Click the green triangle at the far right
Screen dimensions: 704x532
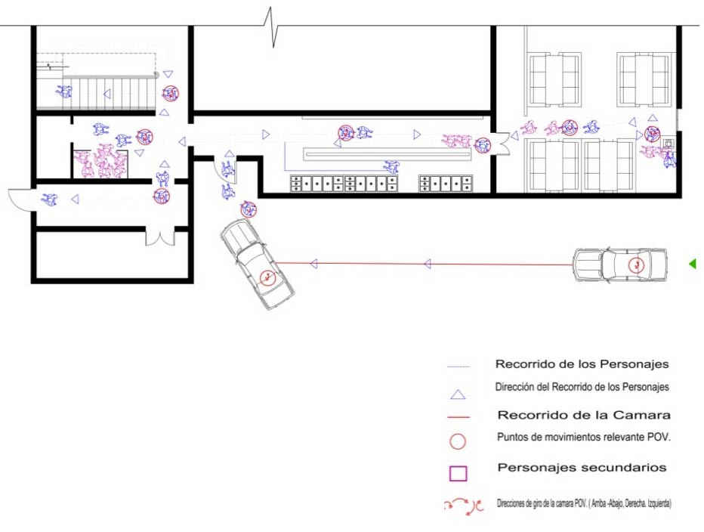click(693, 264)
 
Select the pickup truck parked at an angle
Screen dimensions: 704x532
click(257, 264)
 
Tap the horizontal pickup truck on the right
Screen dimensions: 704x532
click(619, 264)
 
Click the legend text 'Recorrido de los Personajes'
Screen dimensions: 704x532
click(582, 364)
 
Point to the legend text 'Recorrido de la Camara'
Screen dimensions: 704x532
click(584, 415)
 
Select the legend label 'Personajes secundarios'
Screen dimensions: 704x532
click(582, 468)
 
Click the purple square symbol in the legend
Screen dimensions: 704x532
click(458, 474)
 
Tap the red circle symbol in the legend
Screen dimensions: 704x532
click(458, 441)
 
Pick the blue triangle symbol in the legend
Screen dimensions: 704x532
click(458, 395)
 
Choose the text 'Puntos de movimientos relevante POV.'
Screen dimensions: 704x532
click(584, 438)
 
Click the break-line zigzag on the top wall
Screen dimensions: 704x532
click(270, 27)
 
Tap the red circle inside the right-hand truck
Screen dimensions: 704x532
click(636, 266)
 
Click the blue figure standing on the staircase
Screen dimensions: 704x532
click(65, 91)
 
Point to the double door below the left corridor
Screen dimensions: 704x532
click(159, 237)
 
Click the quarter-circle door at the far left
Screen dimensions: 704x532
click(21, 200)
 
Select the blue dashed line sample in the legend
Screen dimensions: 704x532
click(459, 367)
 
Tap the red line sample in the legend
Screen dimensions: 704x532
click(459, 417)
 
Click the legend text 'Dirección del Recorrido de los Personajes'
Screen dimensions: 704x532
click(582, 387)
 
